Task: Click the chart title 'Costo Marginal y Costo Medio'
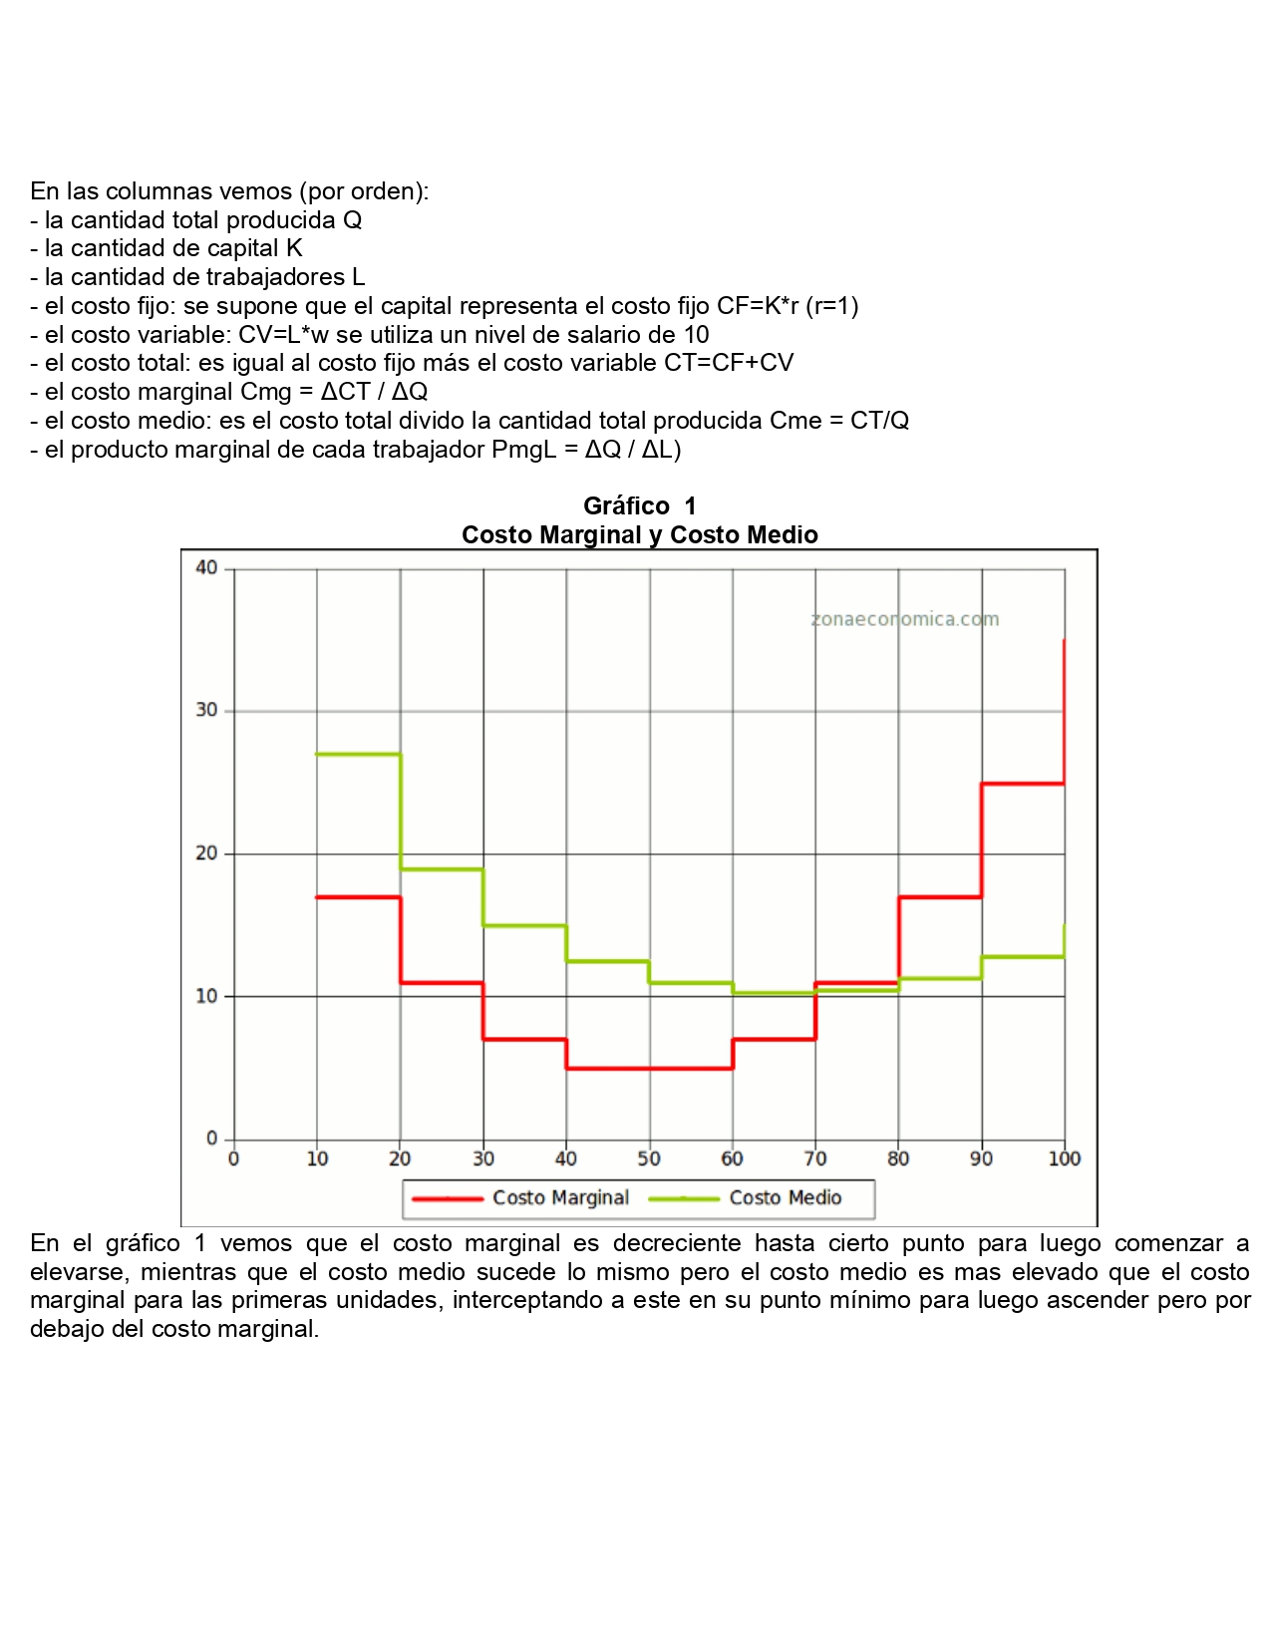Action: tap(639, 535)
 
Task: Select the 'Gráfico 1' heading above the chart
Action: tap(639, 506)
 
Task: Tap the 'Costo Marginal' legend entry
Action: tap(560, 1198)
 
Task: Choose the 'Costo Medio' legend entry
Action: tap(785, 1198)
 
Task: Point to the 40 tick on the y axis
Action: tap(206, 568)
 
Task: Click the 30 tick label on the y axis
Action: tap(206, 711)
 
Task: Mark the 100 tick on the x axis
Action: tap(1064, 1158)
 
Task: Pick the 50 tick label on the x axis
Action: tap(649, 1158)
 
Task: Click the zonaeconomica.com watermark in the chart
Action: tap(905, 619)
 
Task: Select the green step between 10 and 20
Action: tap(359, 755)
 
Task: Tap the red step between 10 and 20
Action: tap(359, 897)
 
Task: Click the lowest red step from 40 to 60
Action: tap(649, 1069)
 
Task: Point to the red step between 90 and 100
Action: tap(1023, 784)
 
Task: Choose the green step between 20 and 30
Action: tap(442, 869)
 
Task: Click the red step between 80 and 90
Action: tap(940, 897)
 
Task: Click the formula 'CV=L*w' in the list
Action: tap(283, 335)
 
